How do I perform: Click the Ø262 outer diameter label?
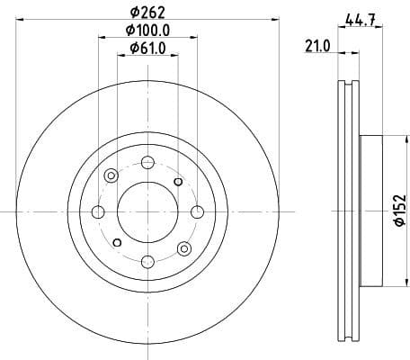click(x=147, y=13)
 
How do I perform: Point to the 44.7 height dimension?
click(x=359, y=16)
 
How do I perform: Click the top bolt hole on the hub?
click(x=147, y=162)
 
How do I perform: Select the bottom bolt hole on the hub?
click(x=147, y=261)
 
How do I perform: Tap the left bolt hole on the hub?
click(x=97, y=211)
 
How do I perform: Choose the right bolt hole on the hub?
click(x=196, y=211)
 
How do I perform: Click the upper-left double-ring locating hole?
click(x=111, y=175)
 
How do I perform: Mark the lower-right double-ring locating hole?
click(x=184, y=247)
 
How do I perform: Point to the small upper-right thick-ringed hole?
click(x=178, y=182)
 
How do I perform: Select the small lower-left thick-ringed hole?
click(x=116, y=241)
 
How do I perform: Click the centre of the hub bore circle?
click(x=147, y=211)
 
